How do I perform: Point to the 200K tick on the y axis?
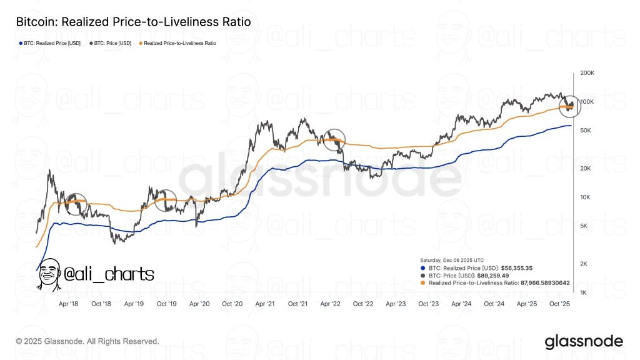[588, 73]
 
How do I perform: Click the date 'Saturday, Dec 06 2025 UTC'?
[451, 259]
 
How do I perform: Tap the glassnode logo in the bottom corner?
[583, 341]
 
